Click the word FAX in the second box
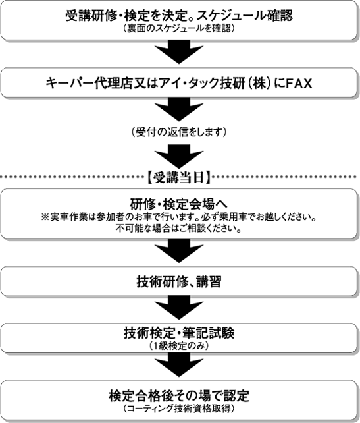(298, 83)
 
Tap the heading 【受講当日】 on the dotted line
(179, 177)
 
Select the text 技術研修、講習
(179, 282)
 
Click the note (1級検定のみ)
(179, 345)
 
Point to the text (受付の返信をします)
(179, 132)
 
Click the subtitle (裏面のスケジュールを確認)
(179, 28)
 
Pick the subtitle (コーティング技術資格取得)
(179, 409)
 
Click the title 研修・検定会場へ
(179, 204)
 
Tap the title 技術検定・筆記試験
(179, 333)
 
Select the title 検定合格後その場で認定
(179, 396)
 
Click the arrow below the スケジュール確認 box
(179, 51)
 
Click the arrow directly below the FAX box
(179, 109)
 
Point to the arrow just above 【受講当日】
(179, 156)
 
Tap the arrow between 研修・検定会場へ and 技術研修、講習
(179, 250)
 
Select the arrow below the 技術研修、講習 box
(179, 308)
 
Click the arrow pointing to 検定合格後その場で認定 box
(179, 364)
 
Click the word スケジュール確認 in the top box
(245, 16)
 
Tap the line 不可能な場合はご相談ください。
(179, 229)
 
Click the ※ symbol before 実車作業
(45, 217)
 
